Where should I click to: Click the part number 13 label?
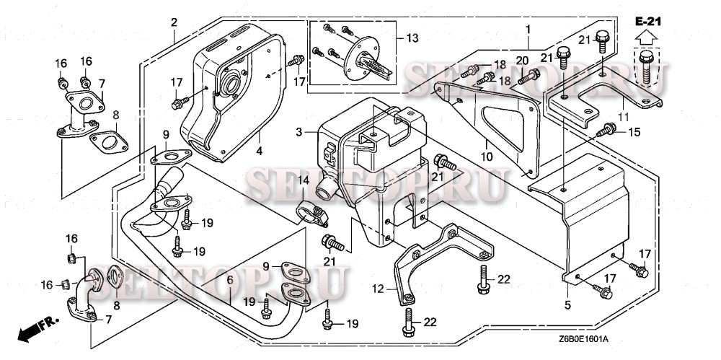pyautogui.click(x=412, y=38)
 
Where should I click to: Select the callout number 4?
pyautogui.click(x=260, y=151)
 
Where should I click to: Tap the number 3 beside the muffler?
pyautogui.click(x=299, y=133)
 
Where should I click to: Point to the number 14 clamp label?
pyautogui.click(x=303, y=180)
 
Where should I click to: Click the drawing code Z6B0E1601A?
pyautogui.click(x=584, y=339)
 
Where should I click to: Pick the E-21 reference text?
pyautogui.click(x=648, y=21)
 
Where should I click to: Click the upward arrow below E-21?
pyautogui.click(x=646, y=37)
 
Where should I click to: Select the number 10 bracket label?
pyautogui.click(x=487, y=157)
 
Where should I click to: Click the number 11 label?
pyautogui.click(x=624, y=117)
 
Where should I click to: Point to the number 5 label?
pyautogui.click(x=567, y=304)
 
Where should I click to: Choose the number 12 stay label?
pyautogui.click(x=378, y=289)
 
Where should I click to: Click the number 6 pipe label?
pyautogui.click(x=230, y=279)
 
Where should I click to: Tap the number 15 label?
pyautogui.click(x=634, y=132)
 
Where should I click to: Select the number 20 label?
pyautogui.click(x=522, y=61)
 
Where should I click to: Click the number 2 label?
pyautogui.click(x=174, y=22)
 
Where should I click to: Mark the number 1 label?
pyautogui.click(x=528, y=30)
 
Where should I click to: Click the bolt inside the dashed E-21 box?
pyautogui.click(x=647, y=67)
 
